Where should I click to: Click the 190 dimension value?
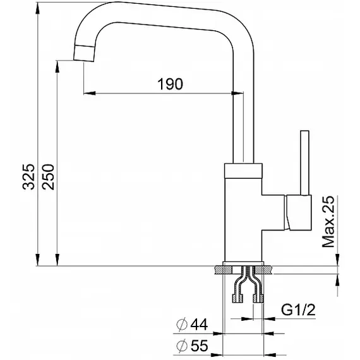pyautogui.click(x=170, y=84)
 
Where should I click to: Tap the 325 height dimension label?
pyautogui.click(x=28, y=177)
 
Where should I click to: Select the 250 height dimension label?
pyautogui.click(x=48, y=177)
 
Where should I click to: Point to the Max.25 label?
pyautogui.click(x=328, y=222)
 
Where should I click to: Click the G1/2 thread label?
pyautogui.click(x=298, y=309)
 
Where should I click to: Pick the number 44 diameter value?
pyautogui.click(x=199, y=324)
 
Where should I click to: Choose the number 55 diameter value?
pyautogui.click(x=200, y=345)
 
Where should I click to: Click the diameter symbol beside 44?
pyautogui.click(x=182, y=325)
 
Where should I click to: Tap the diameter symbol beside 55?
pyautogui.click(x=182, y=345)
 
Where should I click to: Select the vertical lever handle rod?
pyautogui.click(x=304, y=163)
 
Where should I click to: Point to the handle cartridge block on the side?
pyautogui.click(x=298, y=212)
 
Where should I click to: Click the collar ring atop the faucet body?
pyautogui.click(x=243, y=171)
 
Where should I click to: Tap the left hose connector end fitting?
pyautogui.click(x=238, y=298)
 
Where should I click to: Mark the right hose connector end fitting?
pyautogui.click(x=258, y=298)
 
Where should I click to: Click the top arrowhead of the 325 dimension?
pyautogui.click(x=37, y=8)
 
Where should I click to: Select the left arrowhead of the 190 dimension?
pyautogui.click(x=90, y=93)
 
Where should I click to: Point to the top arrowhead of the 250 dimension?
pyautogui.click(x=57, y=66)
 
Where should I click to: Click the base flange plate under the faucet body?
pyautogui.click(x=243, y=264)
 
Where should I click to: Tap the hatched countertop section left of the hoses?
pyautogui.click(x=224, y=270)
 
